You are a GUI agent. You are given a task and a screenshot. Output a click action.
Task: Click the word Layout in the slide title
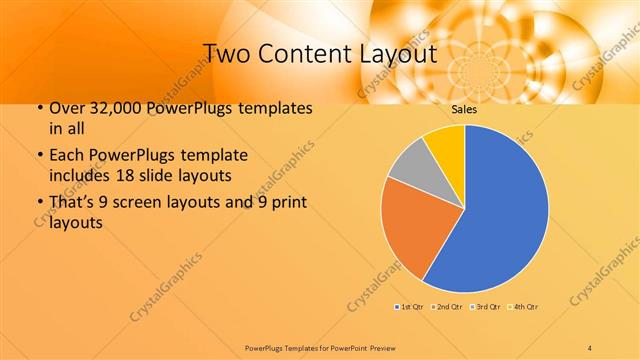click(x=396, y=53)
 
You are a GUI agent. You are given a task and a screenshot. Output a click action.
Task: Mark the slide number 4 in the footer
click(x=590, y=346)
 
